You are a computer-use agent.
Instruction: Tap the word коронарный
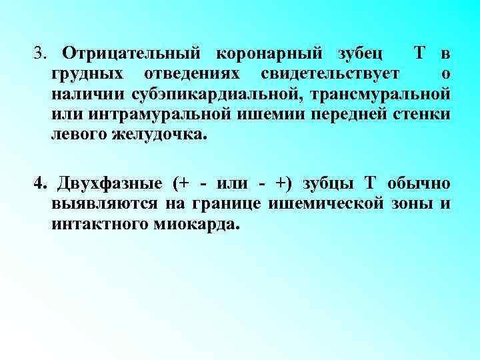pyautogui.click(x=259, y=53)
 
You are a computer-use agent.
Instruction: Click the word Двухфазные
pyautogui.click(x=109, y=183)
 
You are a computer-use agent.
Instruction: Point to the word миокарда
pyautogui.click(x=201, y=224)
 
